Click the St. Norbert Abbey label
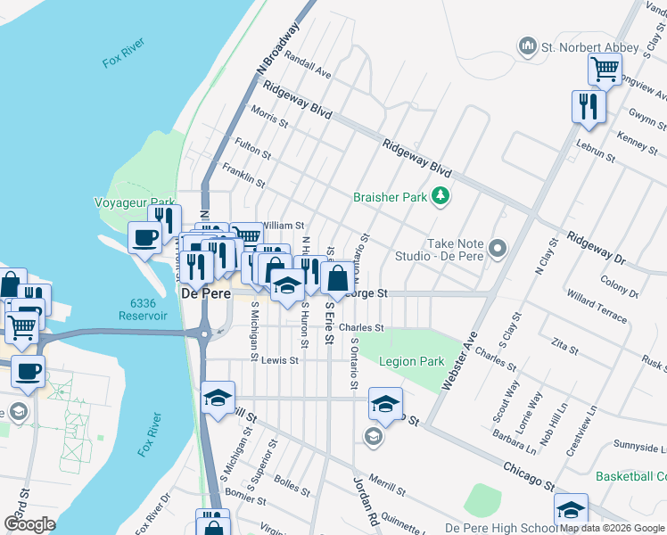[x=589, y=46]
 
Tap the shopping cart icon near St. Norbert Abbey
[x=605, y=68]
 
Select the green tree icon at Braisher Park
[x=439, y=195]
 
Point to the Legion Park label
[x=411, y=362]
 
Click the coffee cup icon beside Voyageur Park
[x=144, y=238]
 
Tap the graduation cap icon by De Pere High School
[x=571, y=509]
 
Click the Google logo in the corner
[x=29, y=524]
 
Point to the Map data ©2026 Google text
[x=612, y=528]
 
